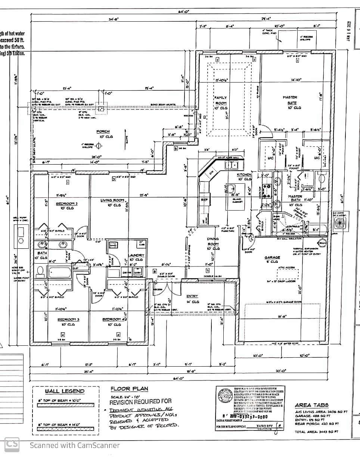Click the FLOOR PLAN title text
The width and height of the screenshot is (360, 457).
click(x=129, y=389)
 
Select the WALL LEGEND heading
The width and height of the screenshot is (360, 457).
click(x=65, y=391)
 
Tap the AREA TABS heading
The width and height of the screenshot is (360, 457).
click(x=311, y=405)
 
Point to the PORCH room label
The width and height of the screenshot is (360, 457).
click(x=103, y=131)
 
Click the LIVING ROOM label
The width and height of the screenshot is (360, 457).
click(x=112, y=200)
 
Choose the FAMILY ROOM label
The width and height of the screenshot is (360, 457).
click(x=220, y=100)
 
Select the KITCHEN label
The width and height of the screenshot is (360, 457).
click(x=244, y=175)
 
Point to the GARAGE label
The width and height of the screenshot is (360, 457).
click(x=272, y=257)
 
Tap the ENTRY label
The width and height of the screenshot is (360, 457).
click(x=192, y=296)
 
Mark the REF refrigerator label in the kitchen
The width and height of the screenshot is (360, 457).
click(x=204, y=200)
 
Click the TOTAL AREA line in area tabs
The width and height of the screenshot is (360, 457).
click(x=316, y=432)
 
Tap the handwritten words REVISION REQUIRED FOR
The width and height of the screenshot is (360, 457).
click(x=140, y=402)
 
